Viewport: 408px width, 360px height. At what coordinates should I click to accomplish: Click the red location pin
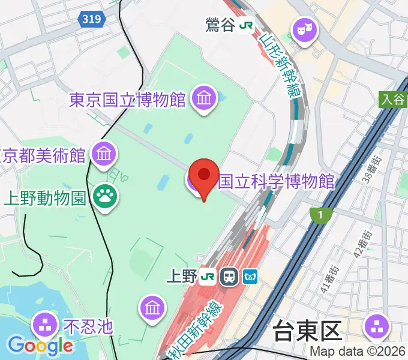tap(204, 175)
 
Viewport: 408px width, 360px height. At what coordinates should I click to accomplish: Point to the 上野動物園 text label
tap(46, 197)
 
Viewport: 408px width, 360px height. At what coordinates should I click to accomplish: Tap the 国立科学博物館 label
tap(276, 181)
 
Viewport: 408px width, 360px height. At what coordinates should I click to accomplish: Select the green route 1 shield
tap(321, 215)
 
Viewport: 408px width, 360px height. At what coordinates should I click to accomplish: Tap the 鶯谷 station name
tap(220, 26)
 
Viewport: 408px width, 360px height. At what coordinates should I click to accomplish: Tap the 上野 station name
tap(181, 277)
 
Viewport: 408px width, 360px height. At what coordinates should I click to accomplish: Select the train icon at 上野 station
tap(229, 277)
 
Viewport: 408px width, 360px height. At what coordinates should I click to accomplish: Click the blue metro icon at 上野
tap(250, 277)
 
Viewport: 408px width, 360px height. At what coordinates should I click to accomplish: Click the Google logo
tap(40, 346)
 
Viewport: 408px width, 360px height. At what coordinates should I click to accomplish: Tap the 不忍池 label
tap(88, 326)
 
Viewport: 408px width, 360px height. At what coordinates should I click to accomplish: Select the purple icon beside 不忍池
tap(44, 325)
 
